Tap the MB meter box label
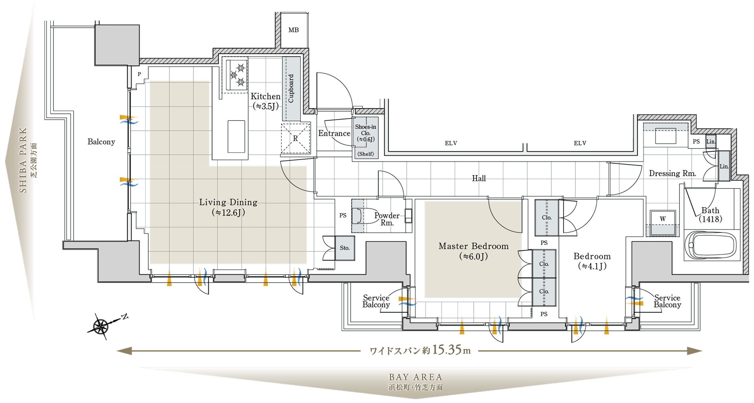coord(294,30)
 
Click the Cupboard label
coord(291,88)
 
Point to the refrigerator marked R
coord(296,138)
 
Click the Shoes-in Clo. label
coord(366,130)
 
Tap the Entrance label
coord(334,133)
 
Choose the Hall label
coord(479,178)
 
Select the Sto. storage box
coord(345,248)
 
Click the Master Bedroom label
coord(474,246)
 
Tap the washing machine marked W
coord(663,223)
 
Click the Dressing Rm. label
coord(672,173)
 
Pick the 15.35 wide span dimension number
coord(447,350)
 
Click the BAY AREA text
coord(416,377)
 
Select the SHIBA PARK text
coord(23,160)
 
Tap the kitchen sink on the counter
coord(236,137)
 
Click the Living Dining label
coord(228,202)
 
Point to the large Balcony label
coord(101,142)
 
